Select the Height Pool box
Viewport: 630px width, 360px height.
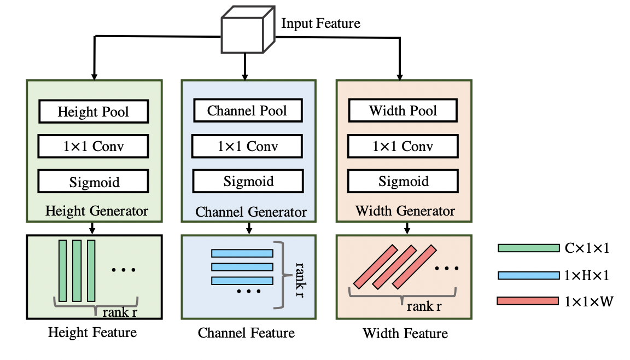click(94, 112)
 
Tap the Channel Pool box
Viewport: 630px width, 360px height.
click(247, 111)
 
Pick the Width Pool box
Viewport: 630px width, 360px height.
click(403, 111)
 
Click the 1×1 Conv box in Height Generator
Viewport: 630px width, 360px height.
click(94, 146)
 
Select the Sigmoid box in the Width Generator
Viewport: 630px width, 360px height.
click(404, 181)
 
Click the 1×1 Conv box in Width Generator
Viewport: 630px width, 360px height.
click(403, 146)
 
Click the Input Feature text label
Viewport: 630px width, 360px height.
click(320, 24)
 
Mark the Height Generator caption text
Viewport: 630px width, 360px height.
click(97, 211)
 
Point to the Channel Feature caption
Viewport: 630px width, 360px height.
click(246, 333)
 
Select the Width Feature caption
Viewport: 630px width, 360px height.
click(405, 333)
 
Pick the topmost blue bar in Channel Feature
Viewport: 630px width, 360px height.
click(242, 253)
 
